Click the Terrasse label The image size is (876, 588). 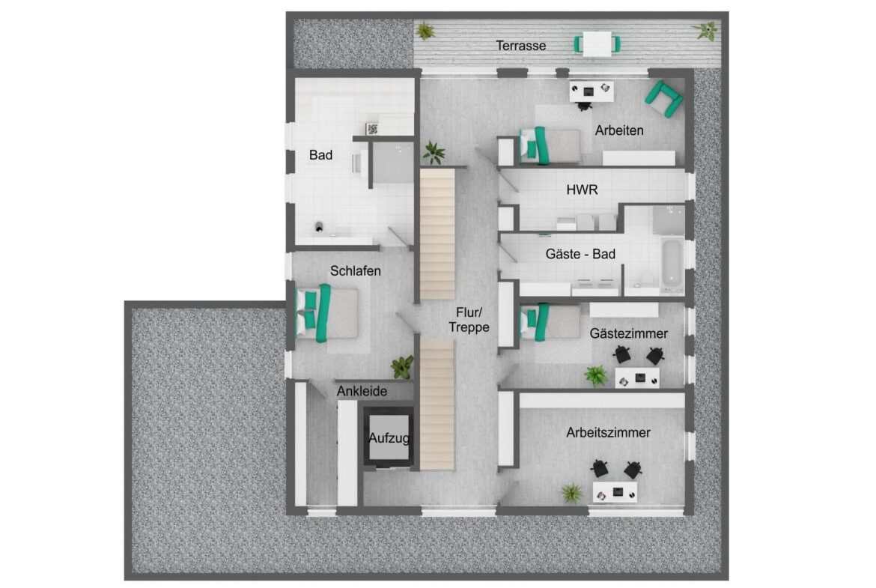pyautogui.click(x=520, y=46)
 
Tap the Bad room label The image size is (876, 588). pyautogui.click(x=320, y=155)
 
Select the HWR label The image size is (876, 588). pyautogui.click(x=583, y=190)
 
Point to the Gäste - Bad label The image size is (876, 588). pyautogui.click(x=580, y=255)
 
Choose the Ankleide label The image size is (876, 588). pyautogui.click(x=362, y=391)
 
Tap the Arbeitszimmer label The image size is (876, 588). pyautogui.click(x=608, y=433)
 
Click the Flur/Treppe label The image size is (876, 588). pyautogui.click(x=469, y=320)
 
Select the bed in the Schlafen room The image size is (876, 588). pyautogui.click(x=327, y=313)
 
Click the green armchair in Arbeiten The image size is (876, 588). pyautogui.click(x=663, y=100)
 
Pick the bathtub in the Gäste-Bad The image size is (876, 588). pyautogui.click(x=672, y=264)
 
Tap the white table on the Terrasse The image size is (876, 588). pyautogui.click(x=597, y=43)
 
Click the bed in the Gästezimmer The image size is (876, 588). pyautogui.click(x=550, y=322)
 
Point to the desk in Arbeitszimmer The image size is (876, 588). pyautogui.click(x=615, y=492)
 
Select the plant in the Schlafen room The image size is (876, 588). pyautogui.click(x=402, y=367)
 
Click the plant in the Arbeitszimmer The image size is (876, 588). pyautogui.click(x=571, y=493)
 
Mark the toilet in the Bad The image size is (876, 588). pyautogui.click(x=319, y=227)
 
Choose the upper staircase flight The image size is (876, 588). pyautogui.click(x=437, y=234)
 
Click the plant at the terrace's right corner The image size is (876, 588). pyautogui.click(x=705, y=30)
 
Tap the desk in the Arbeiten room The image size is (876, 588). pyautogui.click(x=591, y=91)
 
